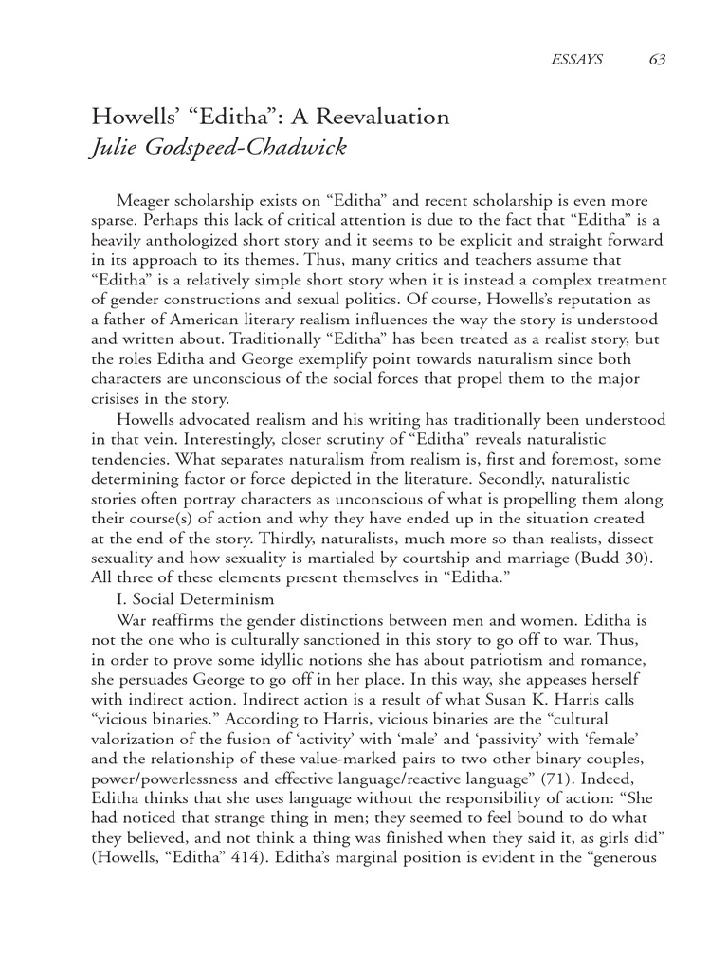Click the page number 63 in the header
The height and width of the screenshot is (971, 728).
click(657, 59)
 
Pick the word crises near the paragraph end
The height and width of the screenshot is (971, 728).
click(115, 398)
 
